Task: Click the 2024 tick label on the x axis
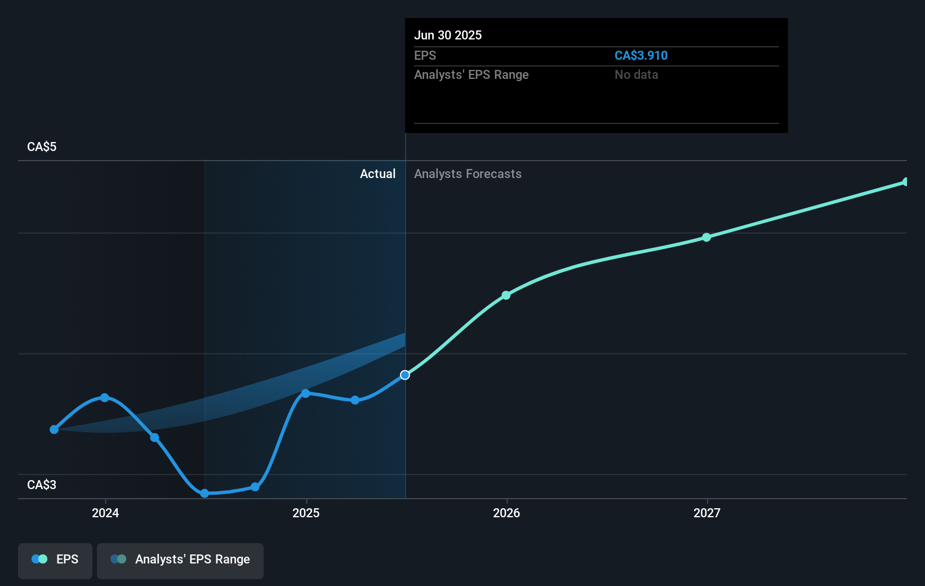point(105,513)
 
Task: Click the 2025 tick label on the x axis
point(306,513)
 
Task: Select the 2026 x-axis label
point(506,513)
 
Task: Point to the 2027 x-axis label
point(707,513)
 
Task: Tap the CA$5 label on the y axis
point(42,147)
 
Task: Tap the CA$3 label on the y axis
point(42,485)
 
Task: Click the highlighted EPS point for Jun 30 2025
point(405,375)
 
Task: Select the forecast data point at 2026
point(506,295)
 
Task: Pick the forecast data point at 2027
point(706,237)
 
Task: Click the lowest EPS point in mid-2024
point(204,493)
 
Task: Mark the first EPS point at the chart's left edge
point(54,429)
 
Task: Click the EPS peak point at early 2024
point(104,398)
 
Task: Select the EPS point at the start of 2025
point(305,393)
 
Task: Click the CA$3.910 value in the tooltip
point(641,56)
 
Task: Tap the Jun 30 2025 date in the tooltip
point(448,35)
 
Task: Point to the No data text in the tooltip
point(636,75)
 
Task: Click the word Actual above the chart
point(377,174)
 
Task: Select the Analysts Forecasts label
point(468,174)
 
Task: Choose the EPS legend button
point(55,560)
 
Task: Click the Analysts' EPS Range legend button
point(180,560)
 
